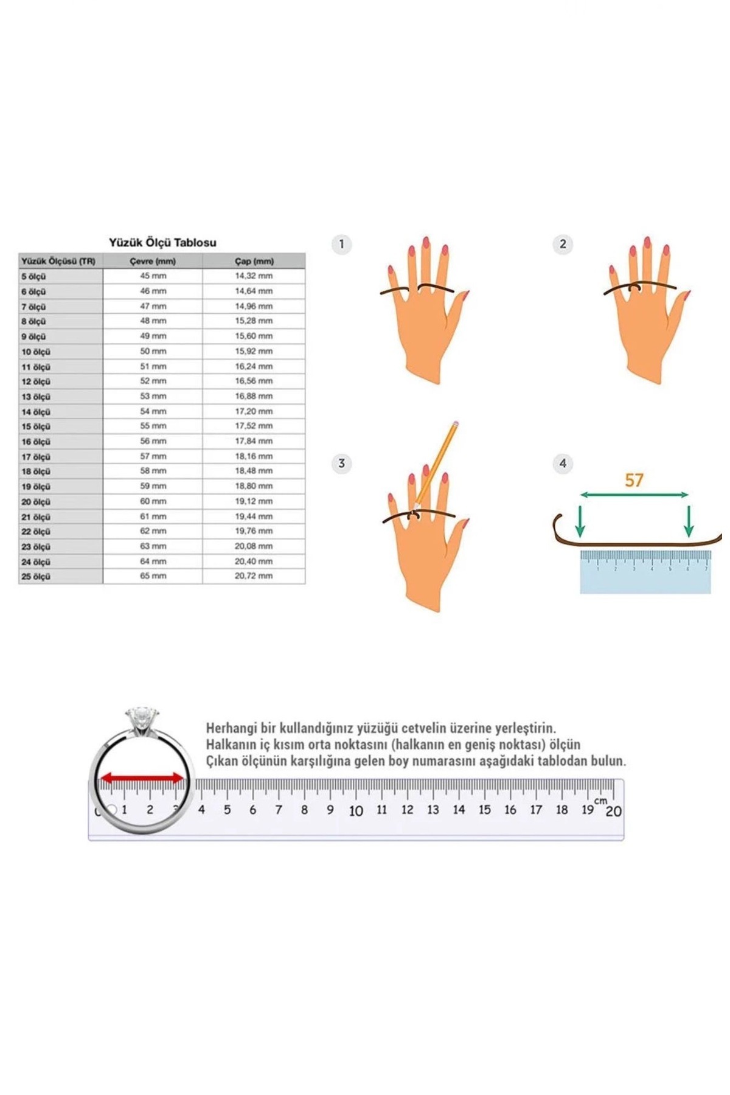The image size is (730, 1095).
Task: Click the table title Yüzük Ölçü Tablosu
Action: tap(162, 242)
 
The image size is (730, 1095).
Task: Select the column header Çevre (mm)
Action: tap(153, 261)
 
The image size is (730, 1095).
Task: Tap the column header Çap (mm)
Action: tap(254, 261)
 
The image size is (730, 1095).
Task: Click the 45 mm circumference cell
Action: tap(153, 276)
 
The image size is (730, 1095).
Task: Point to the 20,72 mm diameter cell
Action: tap(254, 575)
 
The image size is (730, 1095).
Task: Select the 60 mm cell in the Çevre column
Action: tap(153, 501)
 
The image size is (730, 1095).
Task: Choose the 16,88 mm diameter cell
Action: tap(254, 396)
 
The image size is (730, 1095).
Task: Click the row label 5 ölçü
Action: tap(33, 276)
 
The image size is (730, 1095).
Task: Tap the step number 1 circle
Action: tap(341, 244)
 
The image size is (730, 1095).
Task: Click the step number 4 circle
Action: tap(563, 464)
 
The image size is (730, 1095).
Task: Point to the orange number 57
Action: tap(634, 480)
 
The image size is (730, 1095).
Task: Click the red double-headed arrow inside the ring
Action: tap(142, 778)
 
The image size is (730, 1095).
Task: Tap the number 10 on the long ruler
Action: tap(356, 811)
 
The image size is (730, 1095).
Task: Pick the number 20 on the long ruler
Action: tap(613, 812)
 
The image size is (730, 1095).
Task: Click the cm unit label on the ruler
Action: tap(600, 801)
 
